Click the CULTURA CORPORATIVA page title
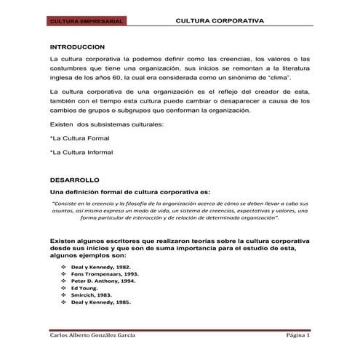pos(220,22)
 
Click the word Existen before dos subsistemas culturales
pos(62,125)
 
